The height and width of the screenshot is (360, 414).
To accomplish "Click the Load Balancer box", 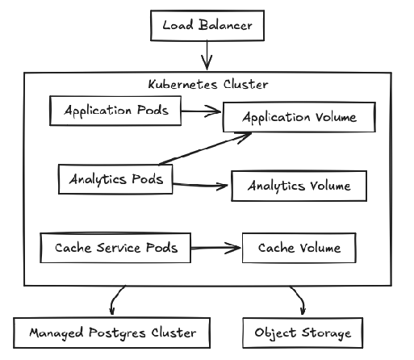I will click(x=207, y=25).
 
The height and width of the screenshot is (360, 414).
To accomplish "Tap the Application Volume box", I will click(x=299, y=118).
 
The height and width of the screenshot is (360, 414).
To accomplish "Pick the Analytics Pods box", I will click(x=116, y=179).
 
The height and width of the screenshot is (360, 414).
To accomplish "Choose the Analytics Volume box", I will click(x=299, y=186).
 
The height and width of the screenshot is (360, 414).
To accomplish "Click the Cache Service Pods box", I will click(x=115, y=247).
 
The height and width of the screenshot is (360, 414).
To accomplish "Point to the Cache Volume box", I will click(x=299, y=248).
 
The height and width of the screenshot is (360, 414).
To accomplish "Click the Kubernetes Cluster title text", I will click(x=208, y=84).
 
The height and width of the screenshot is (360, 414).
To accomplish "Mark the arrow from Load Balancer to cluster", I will click(x=207, y=57).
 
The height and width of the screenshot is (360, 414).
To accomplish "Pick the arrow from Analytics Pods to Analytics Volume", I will click(x=202, y=185).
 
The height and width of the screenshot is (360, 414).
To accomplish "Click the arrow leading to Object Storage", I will click(x=299, y=300).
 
